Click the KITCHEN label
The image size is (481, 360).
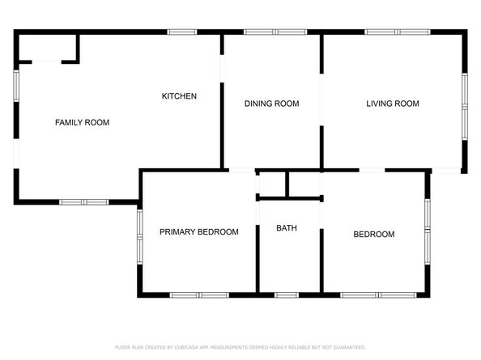coord(179,96)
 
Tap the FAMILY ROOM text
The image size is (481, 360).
coord(83,122)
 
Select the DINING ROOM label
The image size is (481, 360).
coord(272,104)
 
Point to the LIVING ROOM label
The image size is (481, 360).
coord(393,104)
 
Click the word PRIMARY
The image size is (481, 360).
coord(178,232)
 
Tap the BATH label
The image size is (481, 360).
coord(287,228)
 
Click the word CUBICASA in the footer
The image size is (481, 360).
coord(186,347)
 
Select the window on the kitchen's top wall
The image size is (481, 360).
coord(182,32)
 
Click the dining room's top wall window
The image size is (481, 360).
coord(275,32)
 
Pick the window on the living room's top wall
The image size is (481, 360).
coord(398,32)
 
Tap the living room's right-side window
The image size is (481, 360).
coord(465,107)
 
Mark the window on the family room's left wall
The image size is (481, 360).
coord(16,86)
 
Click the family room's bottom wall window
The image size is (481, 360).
coord(83,202)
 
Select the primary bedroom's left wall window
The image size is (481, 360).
coord(140,237)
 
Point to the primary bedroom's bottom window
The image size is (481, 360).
coord(199,295)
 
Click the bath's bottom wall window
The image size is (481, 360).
coord(287,295)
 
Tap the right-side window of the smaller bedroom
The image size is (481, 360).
coord(428,231)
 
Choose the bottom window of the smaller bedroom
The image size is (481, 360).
coord(378,295)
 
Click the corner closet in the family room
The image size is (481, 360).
coord(47,48)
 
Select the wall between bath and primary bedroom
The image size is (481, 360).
coord(258,259)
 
